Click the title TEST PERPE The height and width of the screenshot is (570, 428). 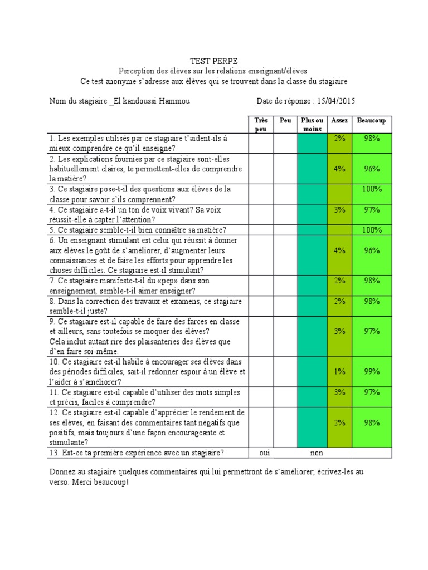(213, 61)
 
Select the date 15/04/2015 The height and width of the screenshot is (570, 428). (335, 101)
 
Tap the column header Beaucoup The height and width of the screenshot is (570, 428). (371, 121)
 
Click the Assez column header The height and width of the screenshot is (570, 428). (339, 121)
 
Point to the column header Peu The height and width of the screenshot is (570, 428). (285, 121)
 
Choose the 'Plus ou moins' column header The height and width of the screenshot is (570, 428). (312, 125)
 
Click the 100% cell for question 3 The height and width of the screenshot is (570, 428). (371, 189)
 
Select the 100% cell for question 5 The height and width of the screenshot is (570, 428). (371, 230)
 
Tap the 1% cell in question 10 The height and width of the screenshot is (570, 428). (339, 371)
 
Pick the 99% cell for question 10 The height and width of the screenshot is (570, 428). (371, 371)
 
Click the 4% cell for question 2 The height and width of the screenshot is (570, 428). (339, 169)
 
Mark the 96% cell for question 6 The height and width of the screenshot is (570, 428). (371, 250)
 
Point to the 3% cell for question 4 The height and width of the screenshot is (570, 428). (339, 209)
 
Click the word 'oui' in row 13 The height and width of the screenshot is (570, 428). (264, 453)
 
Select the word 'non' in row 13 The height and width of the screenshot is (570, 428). (317, 453)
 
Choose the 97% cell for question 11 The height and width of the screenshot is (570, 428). (371, 392)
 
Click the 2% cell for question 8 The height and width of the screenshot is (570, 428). (339, 301)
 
